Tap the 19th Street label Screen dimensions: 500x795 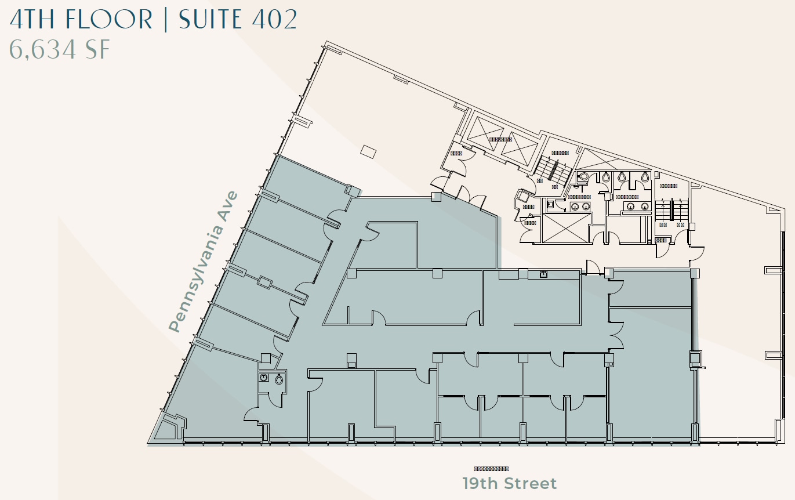click(x=509, y=483)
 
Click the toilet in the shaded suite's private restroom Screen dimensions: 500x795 click(x=279, y=379)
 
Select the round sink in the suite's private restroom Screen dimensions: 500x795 click(x=264, y=378)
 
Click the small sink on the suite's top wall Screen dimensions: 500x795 click(x=543, y=274)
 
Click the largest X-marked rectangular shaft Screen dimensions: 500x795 click(x=565, y=228)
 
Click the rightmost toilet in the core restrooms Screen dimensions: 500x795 click(x=645, y=179)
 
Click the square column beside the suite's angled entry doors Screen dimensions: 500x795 click(x=436, y=197)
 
